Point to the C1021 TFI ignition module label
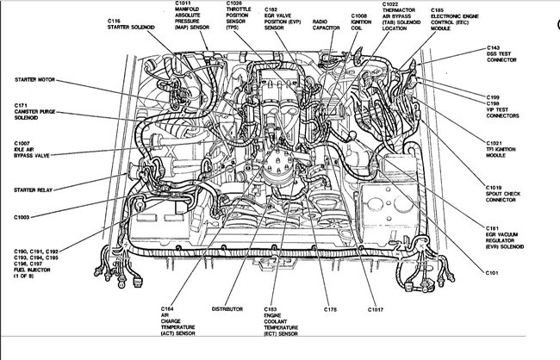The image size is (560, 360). (504, 146)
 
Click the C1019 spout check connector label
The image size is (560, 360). (504, 190)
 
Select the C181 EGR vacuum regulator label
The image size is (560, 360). (509, 234)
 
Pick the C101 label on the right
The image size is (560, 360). (492, 273)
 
